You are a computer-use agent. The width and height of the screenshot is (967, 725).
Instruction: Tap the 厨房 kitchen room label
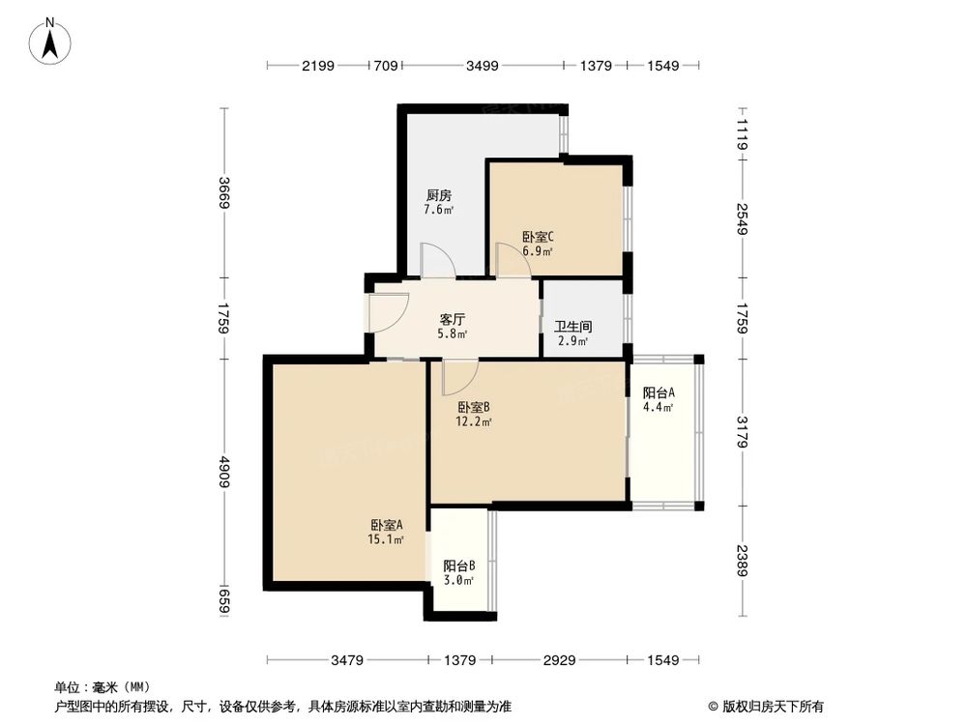click(438, 194)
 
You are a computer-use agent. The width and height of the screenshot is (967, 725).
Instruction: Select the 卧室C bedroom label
click(538, 237)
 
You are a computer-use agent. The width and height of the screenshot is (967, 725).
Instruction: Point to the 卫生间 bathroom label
click(572, 327)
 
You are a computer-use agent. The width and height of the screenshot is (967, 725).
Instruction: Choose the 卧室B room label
click(475, 407)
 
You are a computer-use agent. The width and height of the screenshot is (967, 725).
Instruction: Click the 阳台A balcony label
click(659, 392)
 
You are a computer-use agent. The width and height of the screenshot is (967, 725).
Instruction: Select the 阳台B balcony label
click(458, 565)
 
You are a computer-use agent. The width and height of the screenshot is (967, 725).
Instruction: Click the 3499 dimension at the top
click(483, 66)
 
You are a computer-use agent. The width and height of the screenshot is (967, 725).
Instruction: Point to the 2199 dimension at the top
click(317, 66)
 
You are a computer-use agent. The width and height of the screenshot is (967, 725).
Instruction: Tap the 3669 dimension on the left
click(224, 192)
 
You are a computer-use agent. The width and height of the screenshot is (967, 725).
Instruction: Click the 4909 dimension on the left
click(224, 471)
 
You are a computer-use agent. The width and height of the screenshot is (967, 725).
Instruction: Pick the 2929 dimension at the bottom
click(559, 661)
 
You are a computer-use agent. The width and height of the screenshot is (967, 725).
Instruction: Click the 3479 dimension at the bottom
click(347, 661)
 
